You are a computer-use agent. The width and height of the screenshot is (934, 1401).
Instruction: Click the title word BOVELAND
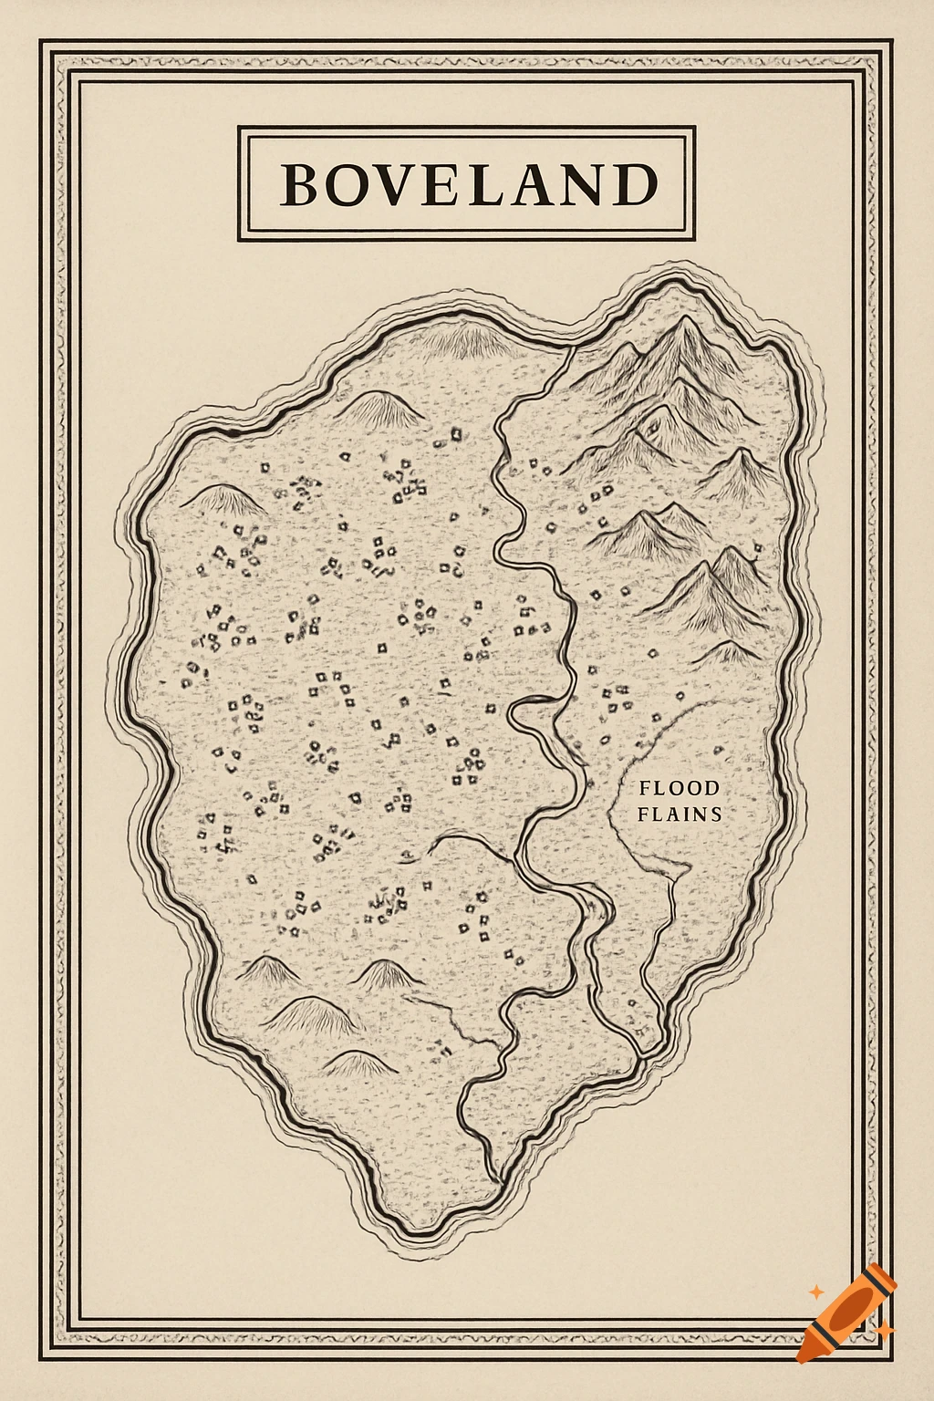pos(468,184)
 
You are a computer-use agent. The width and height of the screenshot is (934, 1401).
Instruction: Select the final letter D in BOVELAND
pos(636,185)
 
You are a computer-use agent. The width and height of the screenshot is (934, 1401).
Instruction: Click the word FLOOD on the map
pos(679,788)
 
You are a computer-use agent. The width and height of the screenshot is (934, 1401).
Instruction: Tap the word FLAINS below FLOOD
pos(679,814)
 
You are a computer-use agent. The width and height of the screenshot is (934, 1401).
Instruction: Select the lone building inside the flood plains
pos(717,752)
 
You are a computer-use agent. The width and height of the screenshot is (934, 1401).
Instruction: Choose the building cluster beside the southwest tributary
pos(442,1049)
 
